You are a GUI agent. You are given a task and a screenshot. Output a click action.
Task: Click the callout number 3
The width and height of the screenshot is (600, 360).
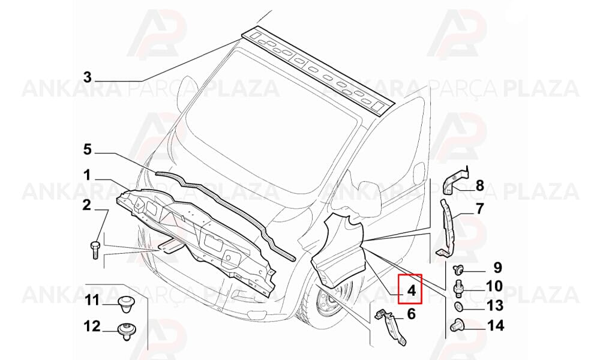click(x=88, y=77)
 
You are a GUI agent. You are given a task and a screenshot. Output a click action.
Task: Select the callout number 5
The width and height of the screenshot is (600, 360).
click(x=88, y=149)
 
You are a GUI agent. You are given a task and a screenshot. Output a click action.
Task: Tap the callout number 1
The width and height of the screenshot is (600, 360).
click(x=88, y=175)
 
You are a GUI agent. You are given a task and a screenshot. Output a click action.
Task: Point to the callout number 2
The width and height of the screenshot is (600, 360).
click(x=87, y=205)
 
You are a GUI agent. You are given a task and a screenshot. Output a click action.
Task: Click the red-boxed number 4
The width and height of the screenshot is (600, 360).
click(x=412, y=290)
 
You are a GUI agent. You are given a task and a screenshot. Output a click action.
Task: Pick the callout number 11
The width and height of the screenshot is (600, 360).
click(x=92, y=301)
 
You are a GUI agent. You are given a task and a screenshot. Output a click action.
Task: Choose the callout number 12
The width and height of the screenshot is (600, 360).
click(x=92, y=326)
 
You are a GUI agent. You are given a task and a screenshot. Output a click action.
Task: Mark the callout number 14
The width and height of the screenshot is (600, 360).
click(x=496, y=326)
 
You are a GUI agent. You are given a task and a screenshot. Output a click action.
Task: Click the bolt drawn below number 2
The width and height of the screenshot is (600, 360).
click(x=95, y=249)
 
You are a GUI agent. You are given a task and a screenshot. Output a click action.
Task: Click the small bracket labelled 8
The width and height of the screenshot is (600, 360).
click(x=454, y=182)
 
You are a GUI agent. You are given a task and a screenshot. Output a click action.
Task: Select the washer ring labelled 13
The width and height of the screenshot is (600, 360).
click(x=458, y=306)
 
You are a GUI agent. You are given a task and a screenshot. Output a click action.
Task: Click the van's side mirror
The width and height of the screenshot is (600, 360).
click(x=367, y=199)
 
